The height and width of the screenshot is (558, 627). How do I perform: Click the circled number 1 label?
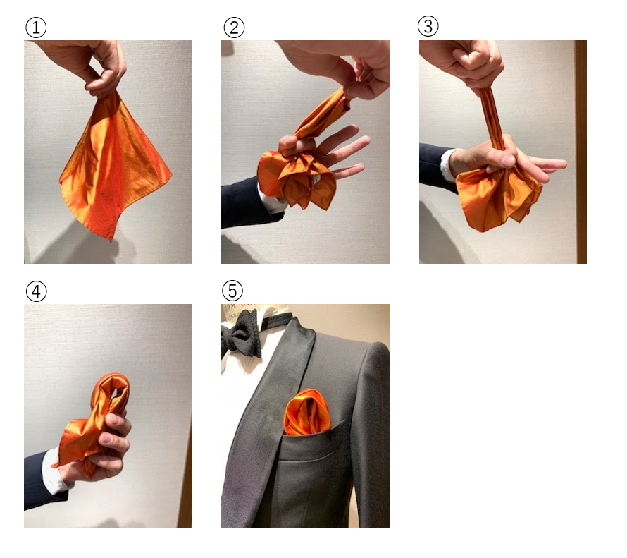pyautogui.click(x=36, y=28)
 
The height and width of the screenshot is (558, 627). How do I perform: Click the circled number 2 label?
pyautogui.click(x=234, y=28)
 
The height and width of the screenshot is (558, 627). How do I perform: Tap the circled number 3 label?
pyautogui.click(x=428, y=26)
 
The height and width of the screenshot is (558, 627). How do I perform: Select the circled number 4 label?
pyautogui.click(x=36, y=291)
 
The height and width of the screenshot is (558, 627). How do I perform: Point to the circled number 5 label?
pyautogui.click(x=232, y=290)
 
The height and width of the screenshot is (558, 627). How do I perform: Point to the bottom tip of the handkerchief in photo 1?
pyautogui.click(x=111, y=241)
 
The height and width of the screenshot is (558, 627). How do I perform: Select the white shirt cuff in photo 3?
pyautogui.click(x=450, y=165)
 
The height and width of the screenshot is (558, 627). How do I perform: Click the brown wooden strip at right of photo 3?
pyautogui.click(x=581, y=151)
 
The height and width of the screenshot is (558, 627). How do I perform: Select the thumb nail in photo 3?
pyautogui.click(x=508, y=161)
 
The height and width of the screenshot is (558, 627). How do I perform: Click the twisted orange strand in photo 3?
pyautogui.click(x=492, y=117)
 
